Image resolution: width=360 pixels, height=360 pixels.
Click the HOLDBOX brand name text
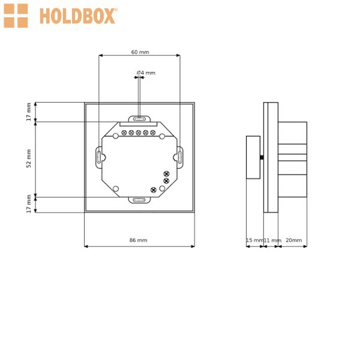tap(77, 16)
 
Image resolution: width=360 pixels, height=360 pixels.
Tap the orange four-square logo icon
tap(16, 16)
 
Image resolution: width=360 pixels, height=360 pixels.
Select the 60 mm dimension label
tap(140, 52)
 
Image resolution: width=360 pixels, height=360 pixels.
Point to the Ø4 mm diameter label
tap(146, 73)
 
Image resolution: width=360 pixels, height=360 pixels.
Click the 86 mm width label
tap(138, 240)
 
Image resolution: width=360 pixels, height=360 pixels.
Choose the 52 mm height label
tap(29, 158)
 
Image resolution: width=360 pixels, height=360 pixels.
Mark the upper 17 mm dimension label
tap(29, 112)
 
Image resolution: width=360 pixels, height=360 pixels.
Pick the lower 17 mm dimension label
tap(29, 203)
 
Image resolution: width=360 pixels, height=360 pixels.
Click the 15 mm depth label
tap(254, 240)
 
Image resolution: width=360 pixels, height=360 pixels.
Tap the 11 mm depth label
tap(272, 241)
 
